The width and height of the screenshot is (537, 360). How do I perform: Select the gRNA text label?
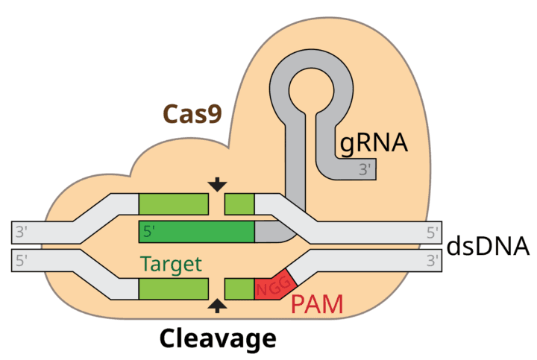click(x=374, y=142)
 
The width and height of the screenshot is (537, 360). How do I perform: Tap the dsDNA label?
click(x=488, y=246)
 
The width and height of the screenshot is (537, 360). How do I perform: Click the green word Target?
click(x=171, y=264)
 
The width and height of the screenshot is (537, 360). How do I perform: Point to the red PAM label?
click(x=317, y=304)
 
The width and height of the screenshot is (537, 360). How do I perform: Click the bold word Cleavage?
click(x=217, y=338)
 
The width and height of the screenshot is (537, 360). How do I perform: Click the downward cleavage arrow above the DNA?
click(x=218, y=184)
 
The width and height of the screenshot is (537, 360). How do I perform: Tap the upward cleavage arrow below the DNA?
click(x=218, y=303)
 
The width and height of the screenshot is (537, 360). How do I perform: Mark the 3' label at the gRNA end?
click(x=365, y=169)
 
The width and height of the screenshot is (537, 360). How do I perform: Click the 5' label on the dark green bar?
click(x=149, y=232)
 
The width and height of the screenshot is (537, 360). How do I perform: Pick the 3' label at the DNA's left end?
click(x=22, y=232)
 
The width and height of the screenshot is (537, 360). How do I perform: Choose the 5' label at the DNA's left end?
click(x=22, y=260)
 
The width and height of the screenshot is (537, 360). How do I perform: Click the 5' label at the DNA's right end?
click(x=433, y=232)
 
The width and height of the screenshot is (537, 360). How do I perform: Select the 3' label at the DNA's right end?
click(x=433, y=260)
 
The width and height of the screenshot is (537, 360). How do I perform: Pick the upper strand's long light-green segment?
click(x=174, y=203)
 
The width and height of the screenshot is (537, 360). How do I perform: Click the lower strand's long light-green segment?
click(x=174, y=288)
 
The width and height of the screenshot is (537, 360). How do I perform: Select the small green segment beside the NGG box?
click(x=239, y=288)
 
